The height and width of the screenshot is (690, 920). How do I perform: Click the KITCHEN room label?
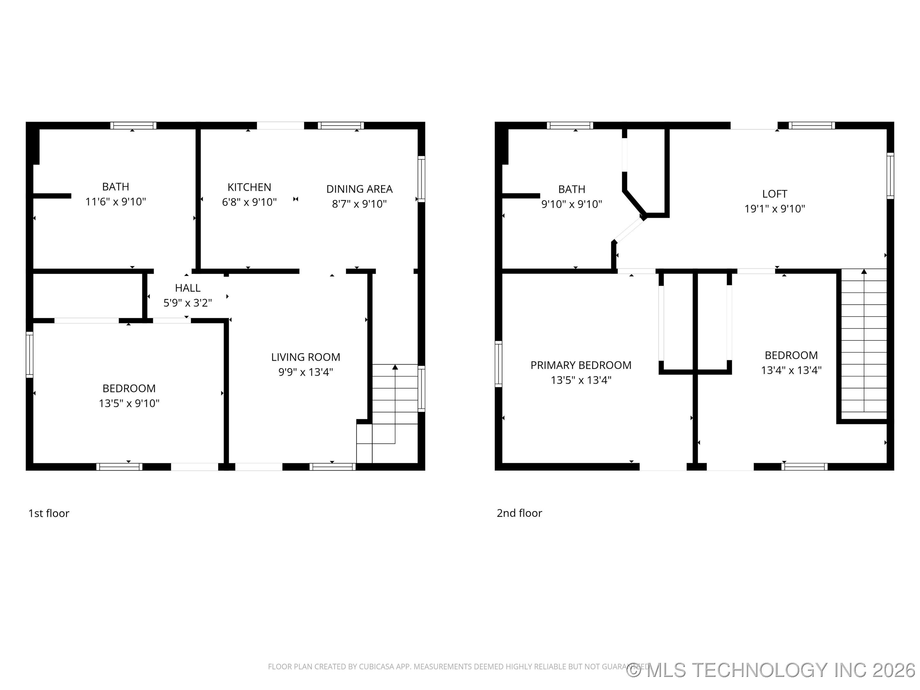249,187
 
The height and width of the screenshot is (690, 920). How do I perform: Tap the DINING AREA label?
359,189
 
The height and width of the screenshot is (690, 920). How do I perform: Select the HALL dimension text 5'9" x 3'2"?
188,303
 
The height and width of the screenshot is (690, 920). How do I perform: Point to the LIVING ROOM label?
305,357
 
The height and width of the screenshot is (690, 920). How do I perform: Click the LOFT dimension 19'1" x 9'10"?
774,209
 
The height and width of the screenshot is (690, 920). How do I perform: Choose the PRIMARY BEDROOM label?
581,365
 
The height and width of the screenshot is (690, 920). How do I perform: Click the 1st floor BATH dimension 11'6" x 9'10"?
116,202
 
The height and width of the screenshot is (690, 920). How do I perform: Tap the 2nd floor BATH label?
571,189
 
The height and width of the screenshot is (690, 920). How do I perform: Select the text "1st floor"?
49,513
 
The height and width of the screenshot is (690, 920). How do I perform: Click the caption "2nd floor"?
519,513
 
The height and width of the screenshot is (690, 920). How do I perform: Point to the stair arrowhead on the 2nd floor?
864,271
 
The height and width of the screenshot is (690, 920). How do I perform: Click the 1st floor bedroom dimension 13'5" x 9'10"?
129,403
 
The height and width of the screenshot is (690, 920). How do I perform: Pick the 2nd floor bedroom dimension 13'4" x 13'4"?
791,370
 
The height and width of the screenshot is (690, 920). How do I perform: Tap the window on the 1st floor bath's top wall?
133,126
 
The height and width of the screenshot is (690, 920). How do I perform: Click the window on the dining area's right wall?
421,179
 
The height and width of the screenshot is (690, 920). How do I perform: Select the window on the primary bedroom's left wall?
498,364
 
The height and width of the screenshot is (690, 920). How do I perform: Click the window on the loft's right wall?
890,175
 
